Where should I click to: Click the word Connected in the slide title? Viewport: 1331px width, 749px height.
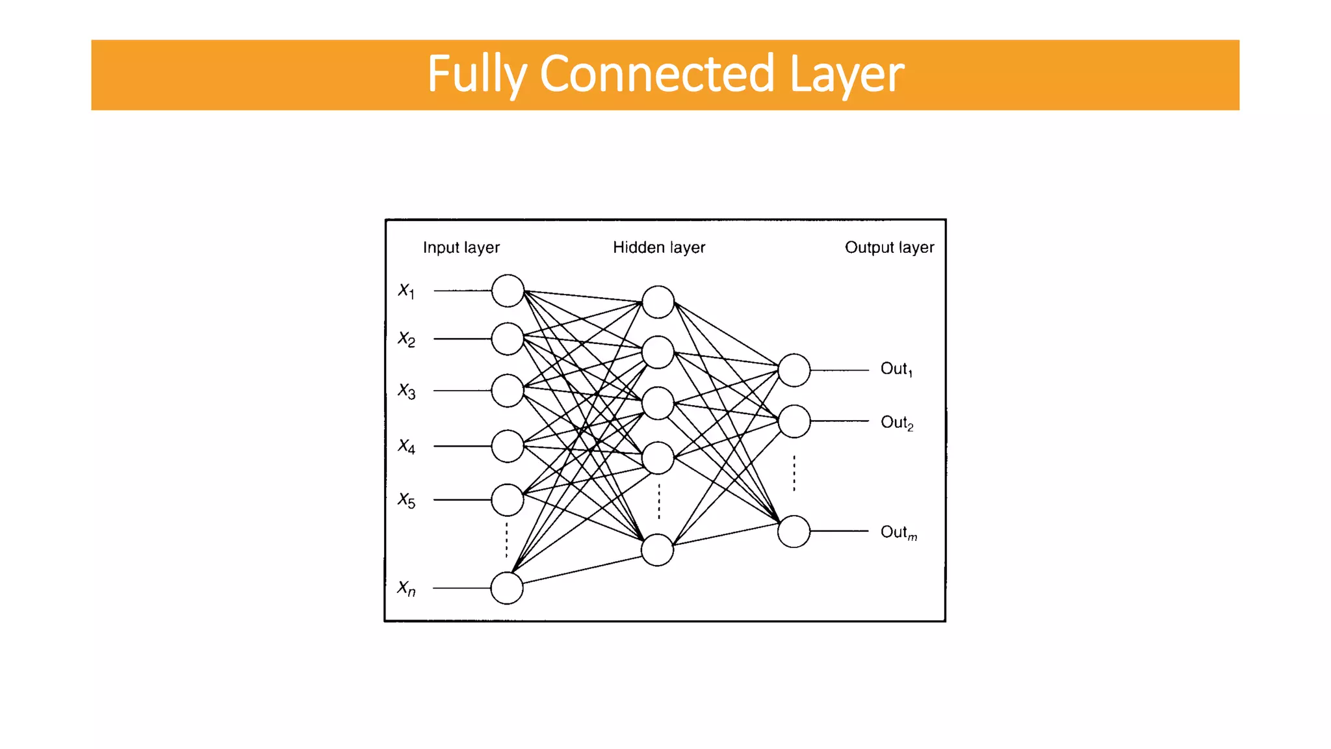coord(656,73)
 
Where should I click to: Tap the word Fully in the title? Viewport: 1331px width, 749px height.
coord(476,75)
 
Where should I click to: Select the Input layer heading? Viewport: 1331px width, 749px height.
coord(461,248)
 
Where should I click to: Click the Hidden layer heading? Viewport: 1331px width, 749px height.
coord(658,248)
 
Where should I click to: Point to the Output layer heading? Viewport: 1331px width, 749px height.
coord(889,248)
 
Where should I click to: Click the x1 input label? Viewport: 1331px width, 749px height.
coord(406,291)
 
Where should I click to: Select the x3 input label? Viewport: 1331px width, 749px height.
coord(406,391)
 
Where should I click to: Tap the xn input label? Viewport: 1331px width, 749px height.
coord(406,588)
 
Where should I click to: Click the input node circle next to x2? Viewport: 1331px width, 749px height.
coord(508,339)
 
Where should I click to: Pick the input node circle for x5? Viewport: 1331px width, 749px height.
coord(508,500)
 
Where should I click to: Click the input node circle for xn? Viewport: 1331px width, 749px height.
coord(507,588)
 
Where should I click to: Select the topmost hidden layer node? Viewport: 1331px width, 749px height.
coord(658,302)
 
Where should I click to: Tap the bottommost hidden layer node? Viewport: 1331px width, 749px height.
coord(657,550)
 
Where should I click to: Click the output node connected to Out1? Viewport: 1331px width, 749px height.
coord(794,370)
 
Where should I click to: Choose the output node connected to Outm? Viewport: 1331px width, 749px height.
coord(794,531)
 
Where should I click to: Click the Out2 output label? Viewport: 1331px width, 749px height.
coord(897,423)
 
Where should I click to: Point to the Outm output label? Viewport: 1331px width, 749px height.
coord(898,532)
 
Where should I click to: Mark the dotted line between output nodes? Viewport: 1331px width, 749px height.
coord(794,473)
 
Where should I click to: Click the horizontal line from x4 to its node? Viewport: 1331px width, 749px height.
coord(462,446)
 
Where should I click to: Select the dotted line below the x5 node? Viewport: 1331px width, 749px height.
coord(507,539)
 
